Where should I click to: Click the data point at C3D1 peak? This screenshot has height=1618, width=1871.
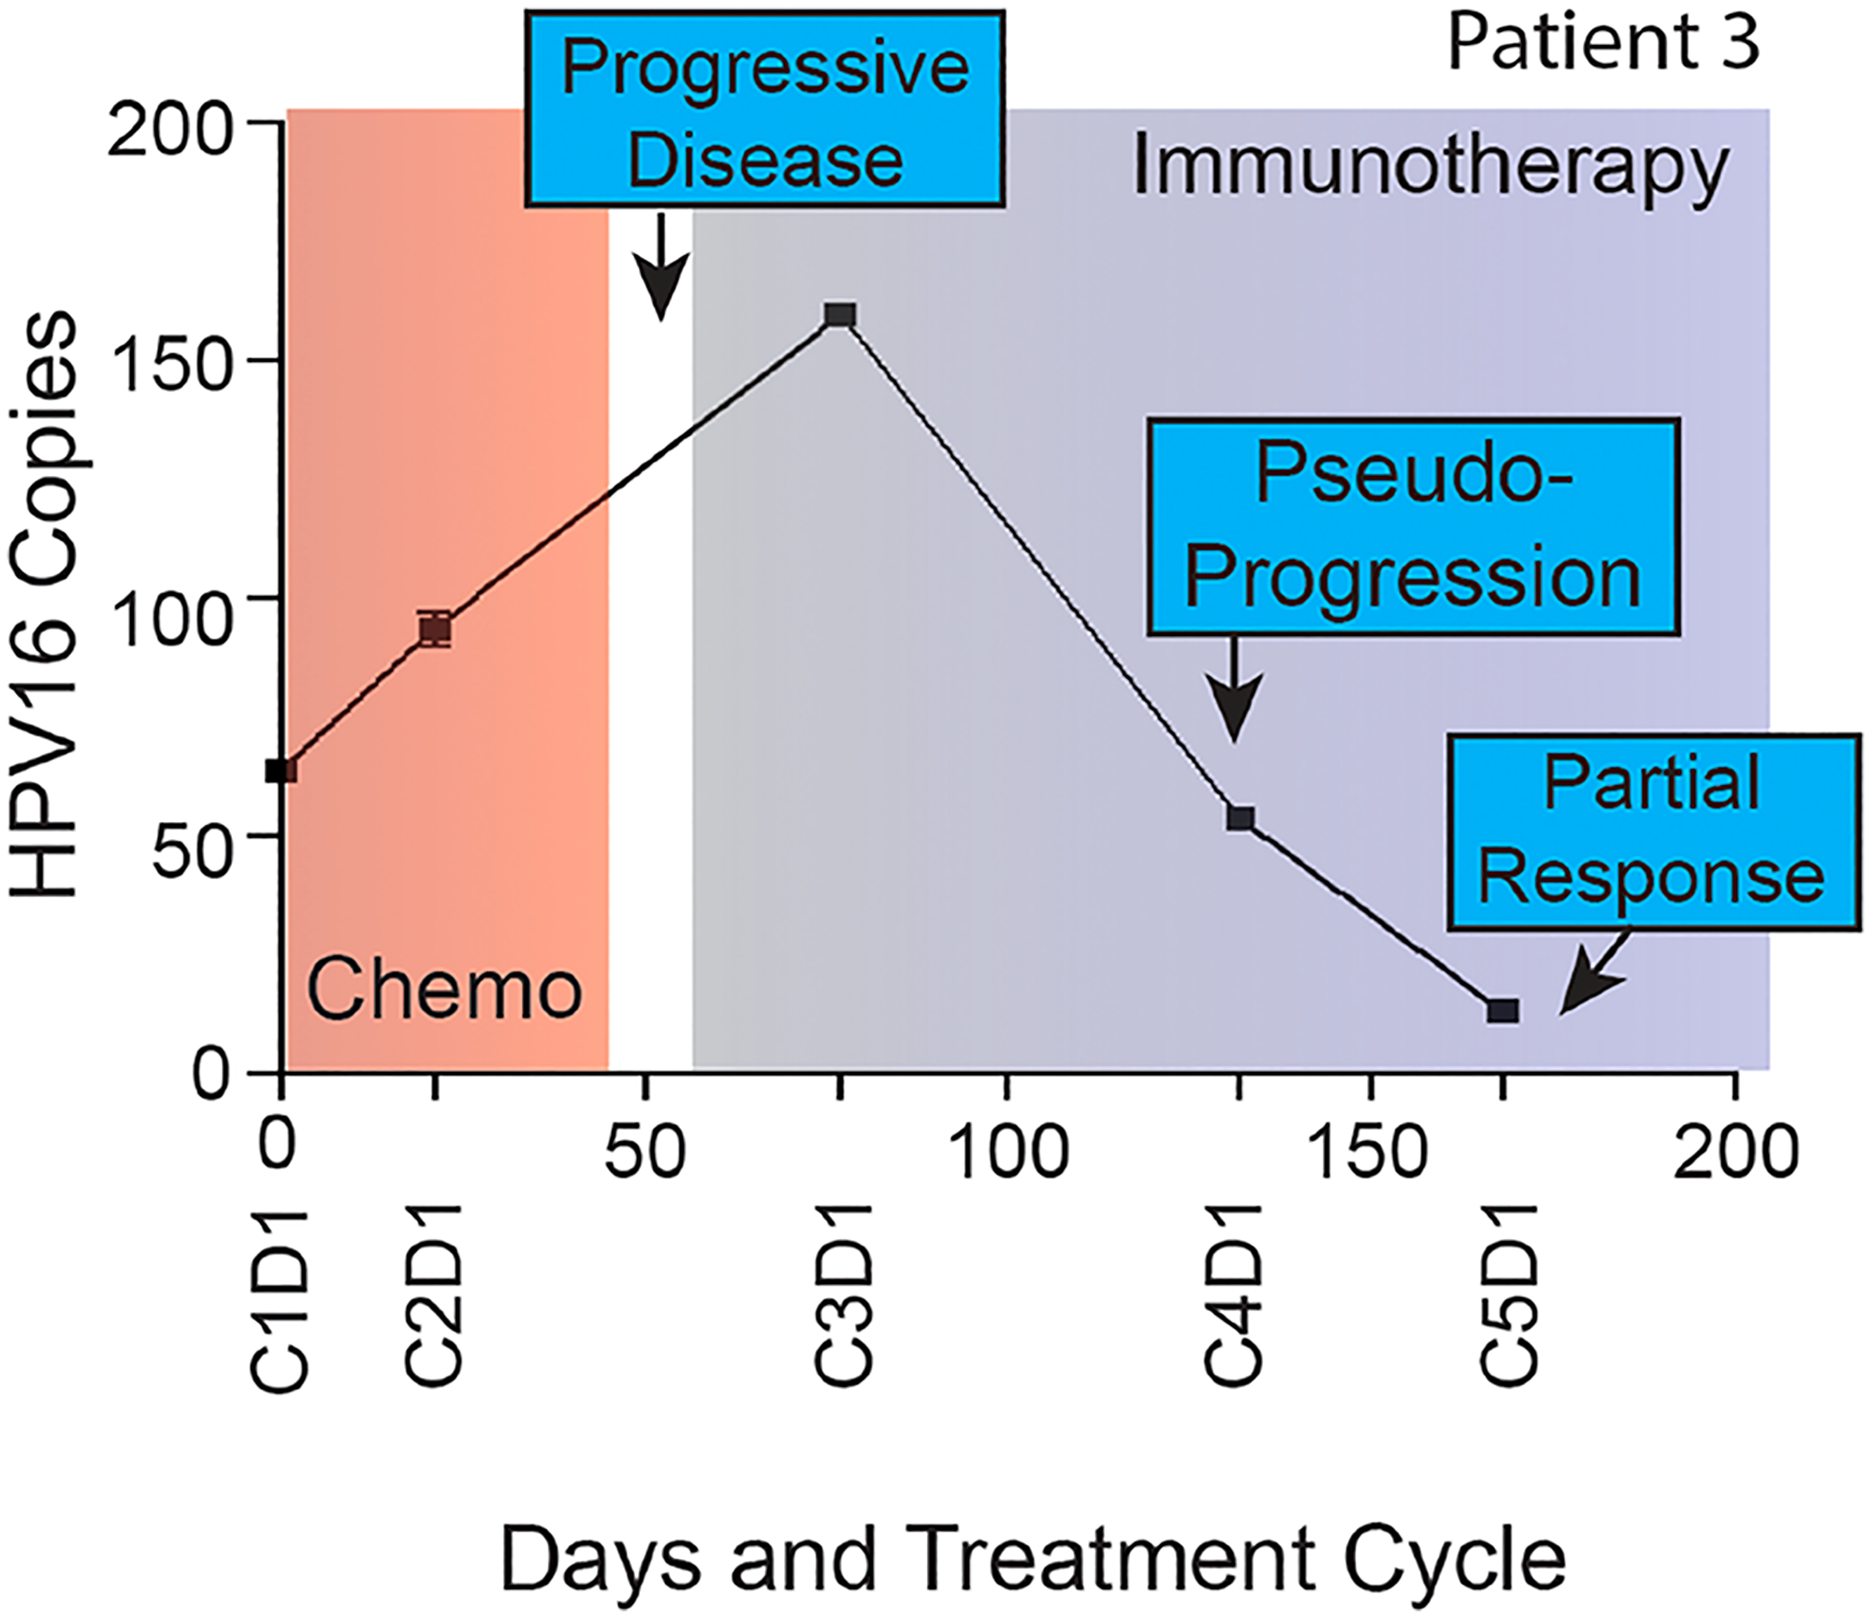[840, 314]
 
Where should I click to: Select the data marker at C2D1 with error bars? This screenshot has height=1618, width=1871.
[435, 628]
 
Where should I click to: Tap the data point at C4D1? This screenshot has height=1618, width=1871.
[1240, 819]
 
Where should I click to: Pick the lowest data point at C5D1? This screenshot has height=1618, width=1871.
[1502, 1010]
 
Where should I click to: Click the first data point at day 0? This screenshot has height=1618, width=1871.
[281, 771]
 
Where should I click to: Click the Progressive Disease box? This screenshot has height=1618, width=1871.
[764, 108]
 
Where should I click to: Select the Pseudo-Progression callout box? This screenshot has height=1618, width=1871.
[1413, 527]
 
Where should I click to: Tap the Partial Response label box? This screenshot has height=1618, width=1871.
[1651, 832]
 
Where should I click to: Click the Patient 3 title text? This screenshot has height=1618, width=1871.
[1603, 42]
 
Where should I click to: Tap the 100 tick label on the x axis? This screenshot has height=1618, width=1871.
[1007, 1152]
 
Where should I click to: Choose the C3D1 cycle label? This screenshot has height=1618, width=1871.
[842, 1295]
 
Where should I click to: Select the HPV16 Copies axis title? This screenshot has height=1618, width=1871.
[45, 606]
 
